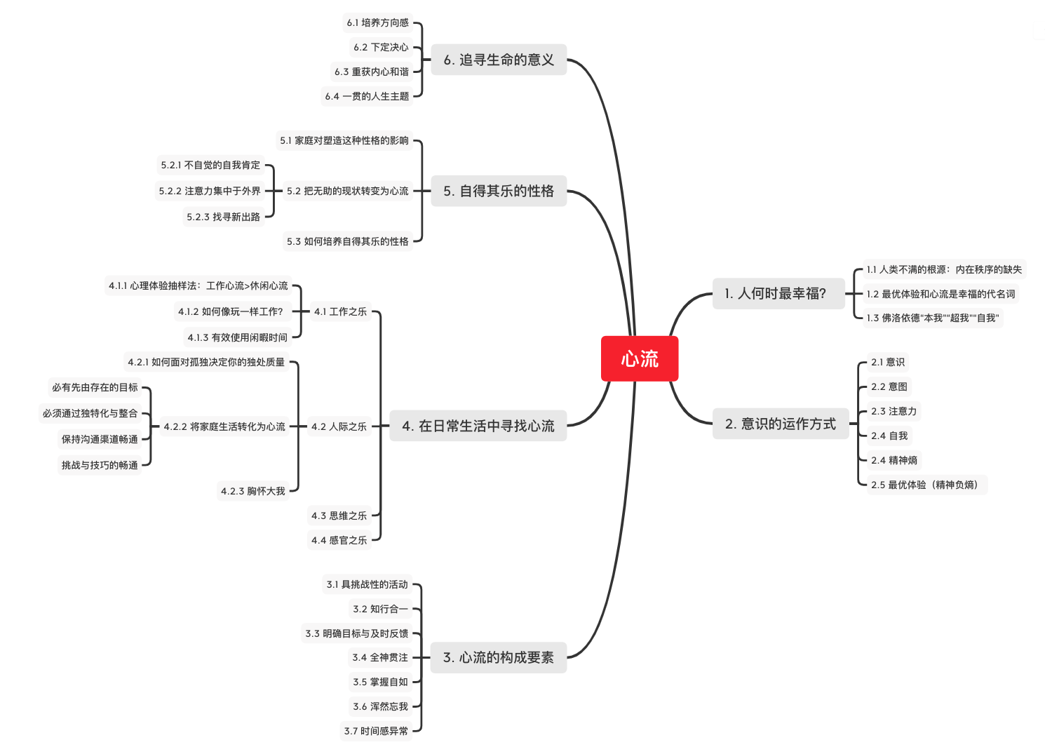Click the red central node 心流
(640, 359)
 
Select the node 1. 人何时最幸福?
(776, 293)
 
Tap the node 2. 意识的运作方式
(781, 424)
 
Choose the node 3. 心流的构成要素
(498, 657)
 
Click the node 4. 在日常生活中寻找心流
(478, 426)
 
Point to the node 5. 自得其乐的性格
(499, 191)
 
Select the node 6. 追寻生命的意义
(499, 60)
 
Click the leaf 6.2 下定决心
(381, 47)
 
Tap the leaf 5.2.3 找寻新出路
(223, 217)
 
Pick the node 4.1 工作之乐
(340, 311)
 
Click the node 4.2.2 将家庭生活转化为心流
(224, 426)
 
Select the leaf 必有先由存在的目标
(95, 387)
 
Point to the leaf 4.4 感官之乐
(339, 540)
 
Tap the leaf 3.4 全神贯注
(380, 657)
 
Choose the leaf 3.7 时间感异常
(376, 731)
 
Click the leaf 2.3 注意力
(894, 411)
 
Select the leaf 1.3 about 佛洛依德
(932, 318)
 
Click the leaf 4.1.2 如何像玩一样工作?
(230, 311)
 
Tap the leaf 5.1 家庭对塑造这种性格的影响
(344, 140)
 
